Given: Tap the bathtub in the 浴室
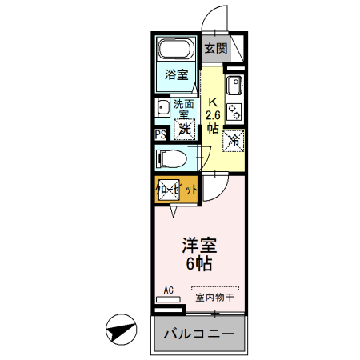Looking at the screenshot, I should click(x=174, y=50).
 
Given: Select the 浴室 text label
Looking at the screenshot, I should click(x=176, y=75).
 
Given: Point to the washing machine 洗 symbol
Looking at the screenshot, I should click(x=185, y=128).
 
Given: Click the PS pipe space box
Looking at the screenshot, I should click(x=160, y=134).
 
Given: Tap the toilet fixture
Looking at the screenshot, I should click(x=170, y=158).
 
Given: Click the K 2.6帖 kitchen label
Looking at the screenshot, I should click(x=213, y=114).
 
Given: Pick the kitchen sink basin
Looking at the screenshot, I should click(x=234, y=86).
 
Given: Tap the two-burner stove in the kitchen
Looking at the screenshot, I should click(x=234, y=110).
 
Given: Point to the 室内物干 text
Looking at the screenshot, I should click(x=214, y=298).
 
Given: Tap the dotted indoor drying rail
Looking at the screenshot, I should click(x=214, y=287).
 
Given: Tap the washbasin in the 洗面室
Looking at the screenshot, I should click(x=162, y=107).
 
